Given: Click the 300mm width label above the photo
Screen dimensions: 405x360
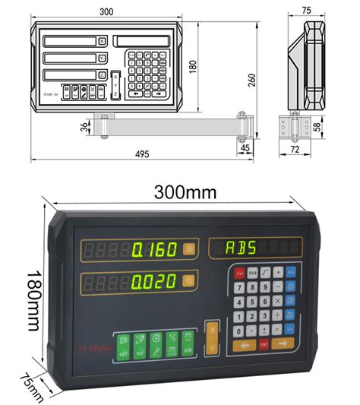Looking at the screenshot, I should click(183, 192).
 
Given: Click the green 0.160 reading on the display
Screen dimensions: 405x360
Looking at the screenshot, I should click(154, 249).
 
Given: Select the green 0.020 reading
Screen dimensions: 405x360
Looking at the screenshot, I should click(154, 282).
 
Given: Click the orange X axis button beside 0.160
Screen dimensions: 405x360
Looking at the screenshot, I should click(189, 249).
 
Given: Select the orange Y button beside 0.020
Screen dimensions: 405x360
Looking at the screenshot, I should click(189, 282).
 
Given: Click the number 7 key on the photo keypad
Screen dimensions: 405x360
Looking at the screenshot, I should click(239, 287).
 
